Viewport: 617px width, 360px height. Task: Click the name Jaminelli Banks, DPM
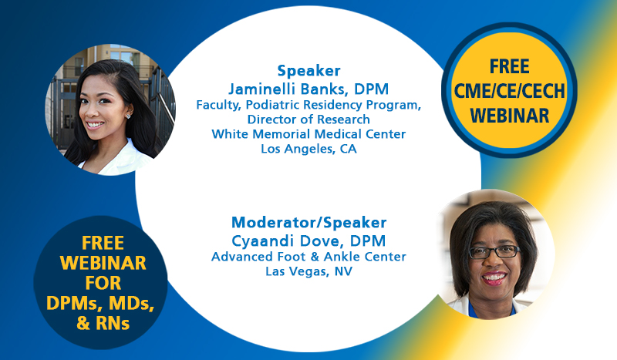click(308, 89)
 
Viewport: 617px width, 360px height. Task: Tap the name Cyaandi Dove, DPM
click(308, 241)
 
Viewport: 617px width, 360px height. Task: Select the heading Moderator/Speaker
click(309, 223)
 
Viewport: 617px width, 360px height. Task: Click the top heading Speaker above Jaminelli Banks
click(309, 71)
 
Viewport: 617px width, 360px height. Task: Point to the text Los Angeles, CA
click(309, 149)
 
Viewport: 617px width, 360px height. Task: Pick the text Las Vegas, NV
click(309, 271)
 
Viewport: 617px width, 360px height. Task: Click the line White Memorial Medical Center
click(309, 134)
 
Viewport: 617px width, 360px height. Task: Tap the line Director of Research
click(309, 119)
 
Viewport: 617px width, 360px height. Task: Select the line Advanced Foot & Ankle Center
click(309, 257)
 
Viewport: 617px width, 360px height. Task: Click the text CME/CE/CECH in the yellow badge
click(510, 91)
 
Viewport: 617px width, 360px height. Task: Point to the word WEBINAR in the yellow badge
click(510, 116)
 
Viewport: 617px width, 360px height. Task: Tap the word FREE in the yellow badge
click(510, 66)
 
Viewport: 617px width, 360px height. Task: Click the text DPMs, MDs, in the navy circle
click(100, 304)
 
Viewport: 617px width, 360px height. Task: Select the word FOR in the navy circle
click(103, 283)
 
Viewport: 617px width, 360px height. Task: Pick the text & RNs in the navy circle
click(103, 324)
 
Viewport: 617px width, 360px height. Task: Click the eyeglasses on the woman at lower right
click(494, 252)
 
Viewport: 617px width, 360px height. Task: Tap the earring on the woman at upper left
click(128, 116)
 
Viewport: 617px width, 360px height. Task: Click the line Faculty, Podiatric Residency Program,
click(309, 105)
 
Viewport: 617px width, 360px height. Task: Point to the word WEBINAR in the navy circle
click(103, 263)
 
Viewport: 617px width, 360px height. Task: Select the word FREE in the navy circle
click(103, 243)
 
